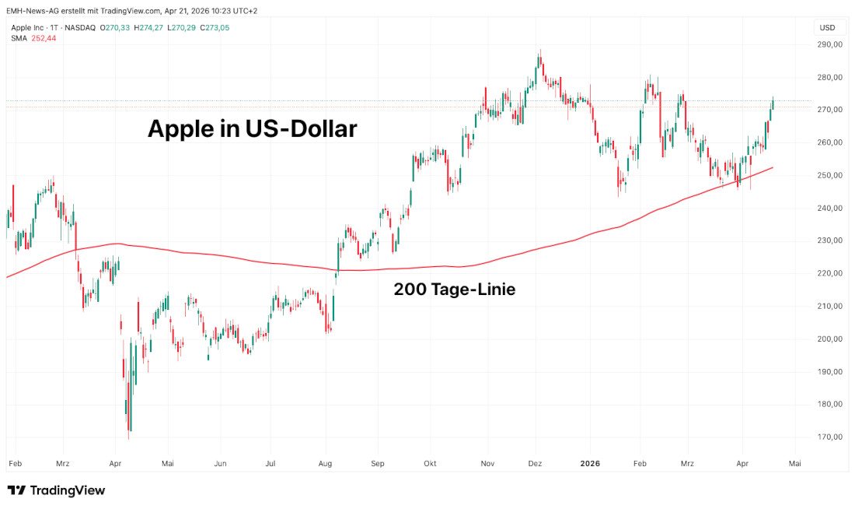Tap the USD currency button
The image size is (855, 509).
click(x=827, y=27)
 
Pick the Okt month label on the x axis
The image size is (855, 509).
click(x=430, y=463)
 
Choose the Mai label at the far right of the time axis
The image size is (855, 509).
click(x=794, y=463)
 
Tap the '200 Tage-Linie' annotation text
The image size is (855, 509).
click(x=455, y=290)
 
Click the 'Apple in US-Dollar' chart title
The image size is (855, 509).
click(x=253, y=128)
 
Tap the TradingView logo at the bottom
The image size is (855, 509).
click(x=56, y=490)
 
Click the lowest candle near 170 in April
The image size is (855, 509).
click(x=130, y=420)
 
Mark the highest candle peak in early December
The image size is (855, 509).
click(x=539, y=56)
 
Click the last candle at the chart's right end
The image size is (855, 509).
click(x=773, y=104)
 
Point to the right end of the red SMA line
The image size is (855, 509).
click(x=772, y=167)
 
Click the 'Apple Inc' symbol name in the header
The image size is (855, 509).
click(x=27, y=27)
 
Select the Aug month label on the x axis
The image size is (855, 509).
click(x=326, y=463)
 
